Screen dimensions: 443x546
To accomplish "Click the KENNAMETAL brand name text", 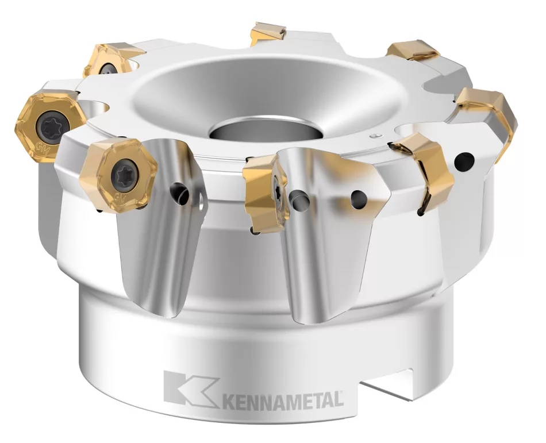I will [x=282, y=398].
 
